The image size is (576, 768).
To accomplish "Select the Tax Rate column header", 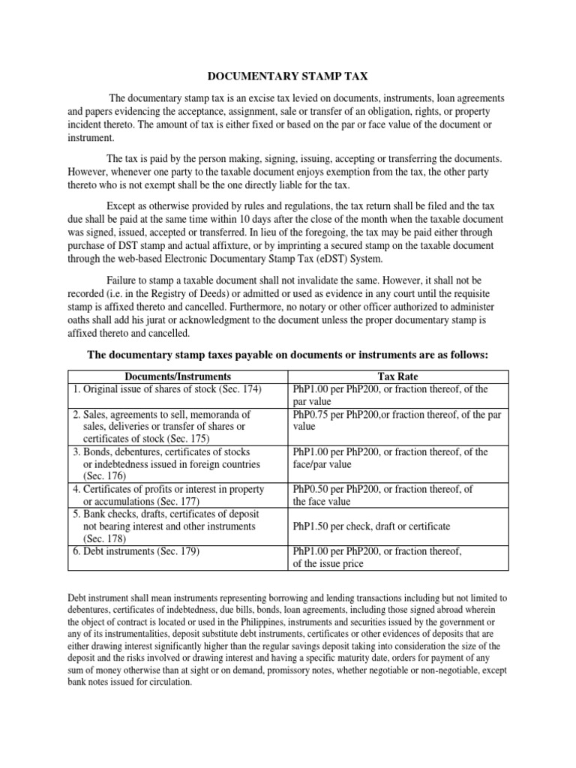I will pos(400,376).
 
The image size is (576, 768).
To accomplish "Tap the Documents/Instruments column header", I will pos(178,376).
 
